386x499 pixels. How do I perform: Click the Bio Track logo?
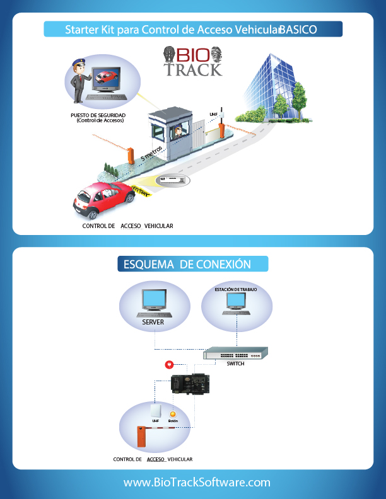[x=193, y=62]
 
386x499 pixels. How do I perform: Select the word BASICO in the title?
[x=298, y=30]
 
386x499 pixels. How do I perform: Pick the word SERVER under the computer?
[x=153, y=322]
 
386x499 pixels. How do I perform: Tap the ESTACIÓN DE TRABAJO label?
[x=236, y=290]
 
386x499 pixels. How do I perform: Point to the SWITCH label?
[x=235, y=364]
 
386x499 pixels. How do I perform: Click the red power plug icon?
[x=168, y=365]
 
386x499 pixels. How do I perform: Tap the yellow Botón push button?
[x=173, y=413]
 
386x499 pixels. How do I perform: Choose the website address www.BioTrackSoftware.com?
[x=197, y=482]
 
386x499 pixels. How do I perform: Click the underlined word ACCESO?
[x=156, y=459]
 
